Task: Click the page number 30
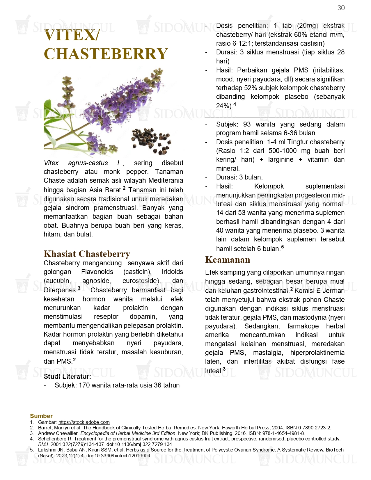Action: coord(341,8)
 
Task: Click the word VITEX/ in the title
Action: coord(72,35)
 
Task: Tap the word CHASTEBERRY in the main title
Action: coord(106,54)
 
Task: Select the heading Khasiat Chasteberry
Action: coord(87,254)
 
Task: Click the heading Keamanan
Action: coord(228,259)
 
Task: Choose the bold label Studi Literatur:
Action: coord(67,376)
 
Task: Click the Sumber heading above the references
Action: coord(41,416)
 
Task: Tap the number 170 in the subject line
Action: coord(84,385)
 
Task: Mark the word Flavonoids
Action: coord(97,272)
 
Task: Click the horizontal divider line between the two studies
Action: coord(275,117)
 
